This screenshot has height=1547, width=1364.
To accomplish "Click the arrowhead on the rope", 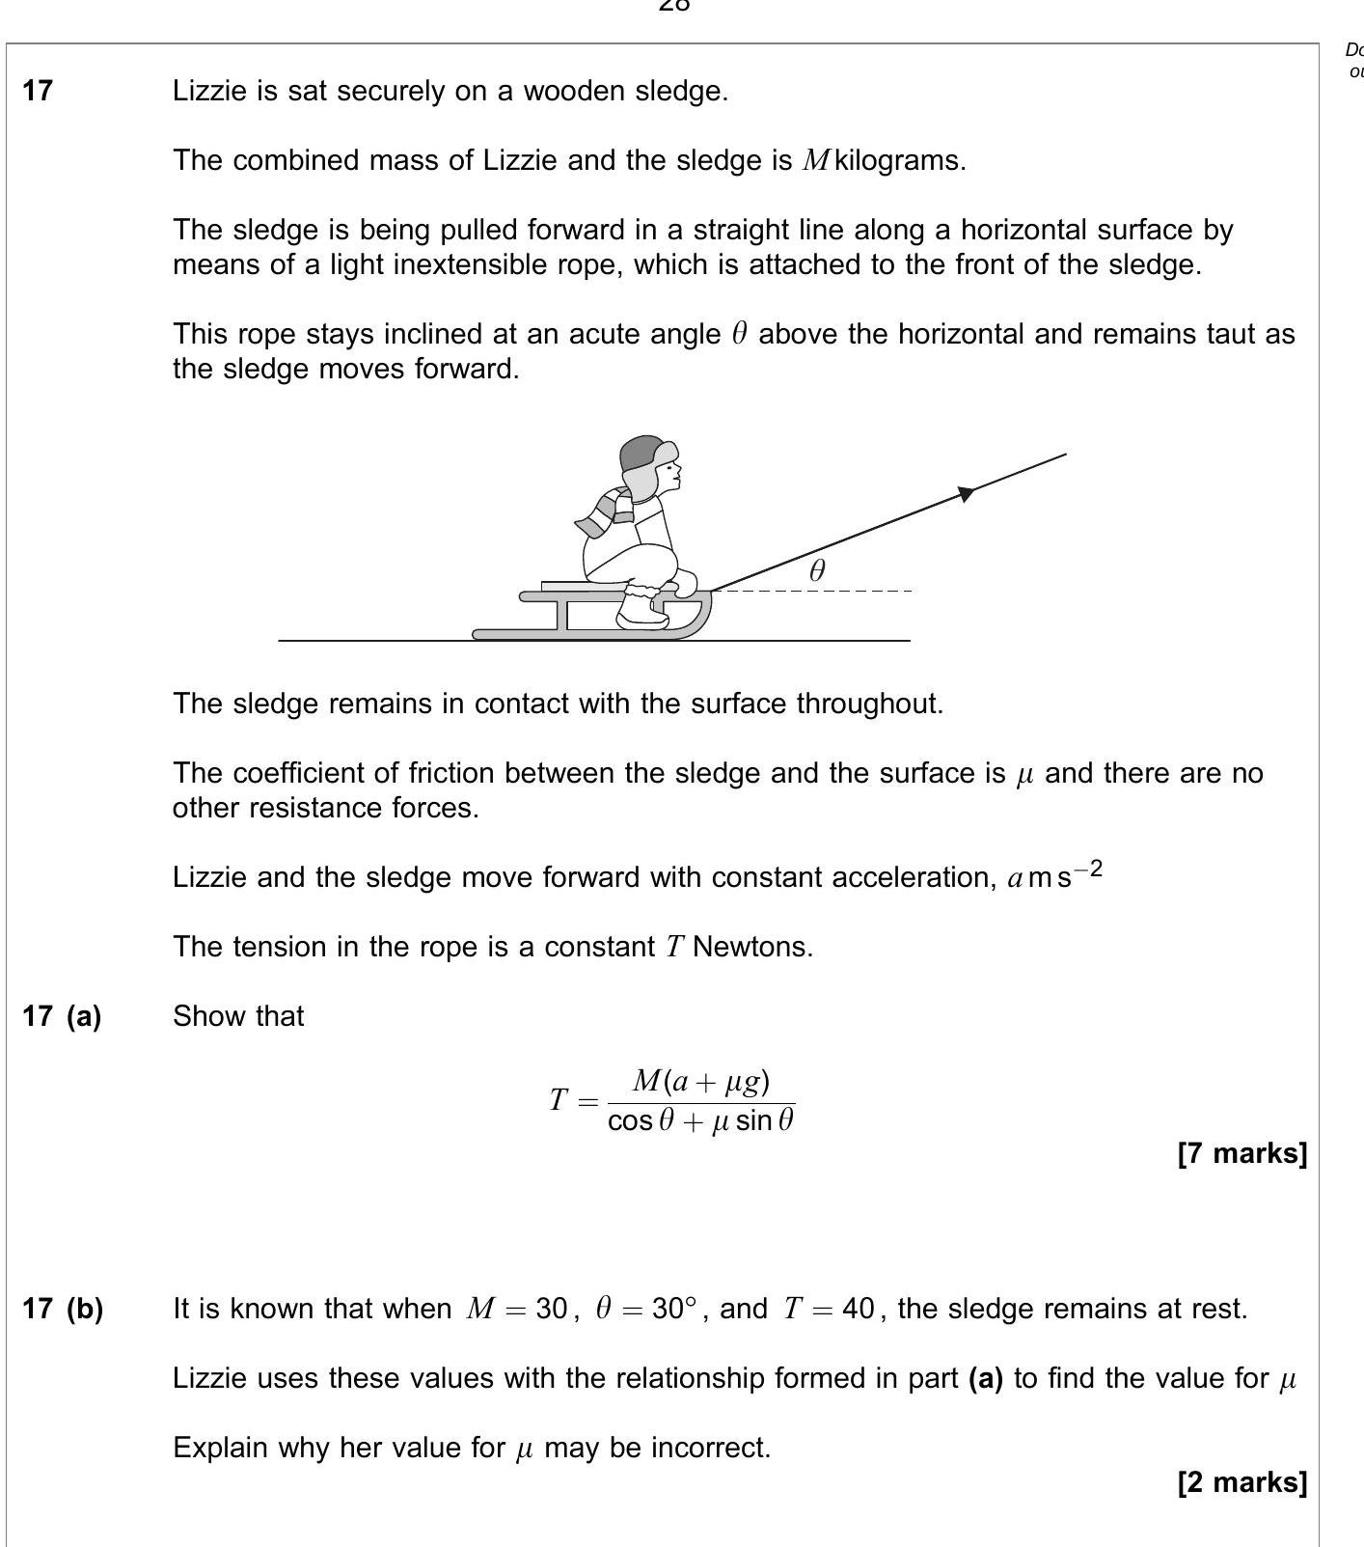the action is (967, 494).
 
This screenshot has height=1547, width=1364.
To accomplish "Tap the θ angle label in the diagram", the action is (817, 570).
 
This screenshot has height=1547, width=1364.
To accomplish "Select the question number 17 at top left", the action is (38, 91).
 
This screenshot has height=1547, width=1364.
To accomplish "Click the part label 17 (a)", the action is (62, 1016).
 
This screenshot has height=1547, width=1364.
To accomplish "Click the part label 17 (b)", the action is (63, 1309).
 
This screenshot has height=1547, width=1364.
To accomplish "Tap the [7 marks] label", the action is (1242, 1153).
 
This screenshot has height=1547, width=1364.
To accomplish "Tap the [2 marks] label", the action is (1242, 1482).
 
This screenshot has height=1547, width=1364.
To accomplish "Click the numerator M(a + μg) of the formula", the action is (701, 1082).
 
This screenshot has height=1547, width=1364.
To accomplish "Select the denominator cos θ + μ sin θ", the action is (701, 1121).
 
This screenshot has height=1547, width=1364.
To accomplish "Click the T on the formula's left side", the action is (559, 1099).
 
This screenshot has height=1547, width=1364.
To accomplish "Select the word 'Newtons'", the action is (752, 947).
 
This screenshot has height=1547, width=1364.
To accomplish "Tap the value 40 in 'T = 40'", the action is (858, 1310).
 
